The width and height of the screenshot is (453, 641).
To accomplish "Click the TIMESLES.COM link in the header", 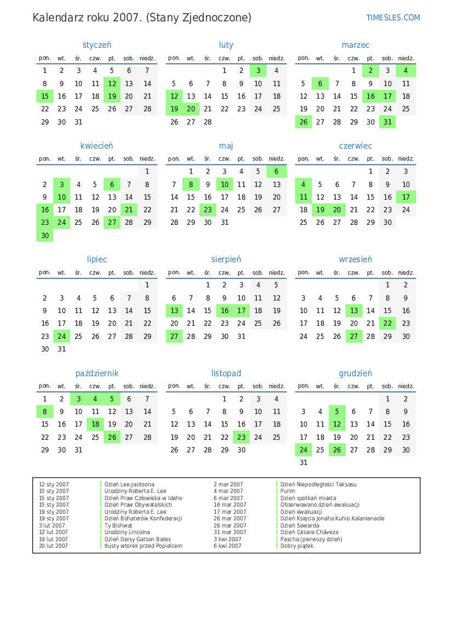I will pos(393,18).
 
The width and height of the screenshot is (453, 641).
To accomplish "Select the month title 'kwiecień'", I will pos(96,146).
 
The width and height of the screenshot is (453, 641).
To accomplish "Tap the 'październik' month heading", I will pos(96,373).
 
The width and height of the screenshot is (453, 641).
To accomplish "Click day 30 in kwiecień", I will pos(45,235).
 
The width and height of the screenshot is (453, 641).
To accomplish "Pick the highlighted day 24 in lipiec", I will pos(62,336).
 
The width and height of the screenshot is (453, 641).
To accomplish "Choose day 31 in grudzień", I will pos(303,462).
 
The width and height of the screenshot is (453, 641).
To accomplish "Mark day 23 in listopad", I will pos(241,437).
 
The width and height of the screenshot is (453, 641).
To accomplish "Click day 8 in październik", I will pos(45,412).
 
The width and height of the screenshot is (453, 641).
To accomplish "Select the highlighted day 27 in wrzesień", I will pos(354,336).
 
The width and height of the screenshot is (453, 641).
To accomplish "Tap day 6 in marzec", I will pos(320,83).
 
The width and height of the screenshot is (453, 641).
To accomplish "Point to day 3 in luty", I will pos(258,71).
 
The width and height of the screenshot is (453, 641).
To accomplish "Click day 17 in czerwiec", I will pos(406,197).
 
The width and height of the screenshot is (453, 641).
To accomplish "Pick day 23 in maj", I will pos(208,209).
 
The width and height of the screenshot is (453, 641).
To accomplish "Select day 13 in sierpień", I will pos(174,311).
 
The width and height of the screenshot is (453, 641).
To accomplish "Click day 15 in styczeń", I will pos(45,96).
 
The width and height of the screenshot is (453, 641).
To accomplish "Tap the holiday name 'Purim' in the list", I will pos(288,491).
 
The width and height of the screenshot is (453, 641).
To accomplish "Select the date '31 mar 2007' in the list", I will pos(228,532).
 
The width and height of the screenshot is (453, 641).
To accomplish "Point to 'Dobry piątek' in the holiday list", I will pos(297,546).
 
